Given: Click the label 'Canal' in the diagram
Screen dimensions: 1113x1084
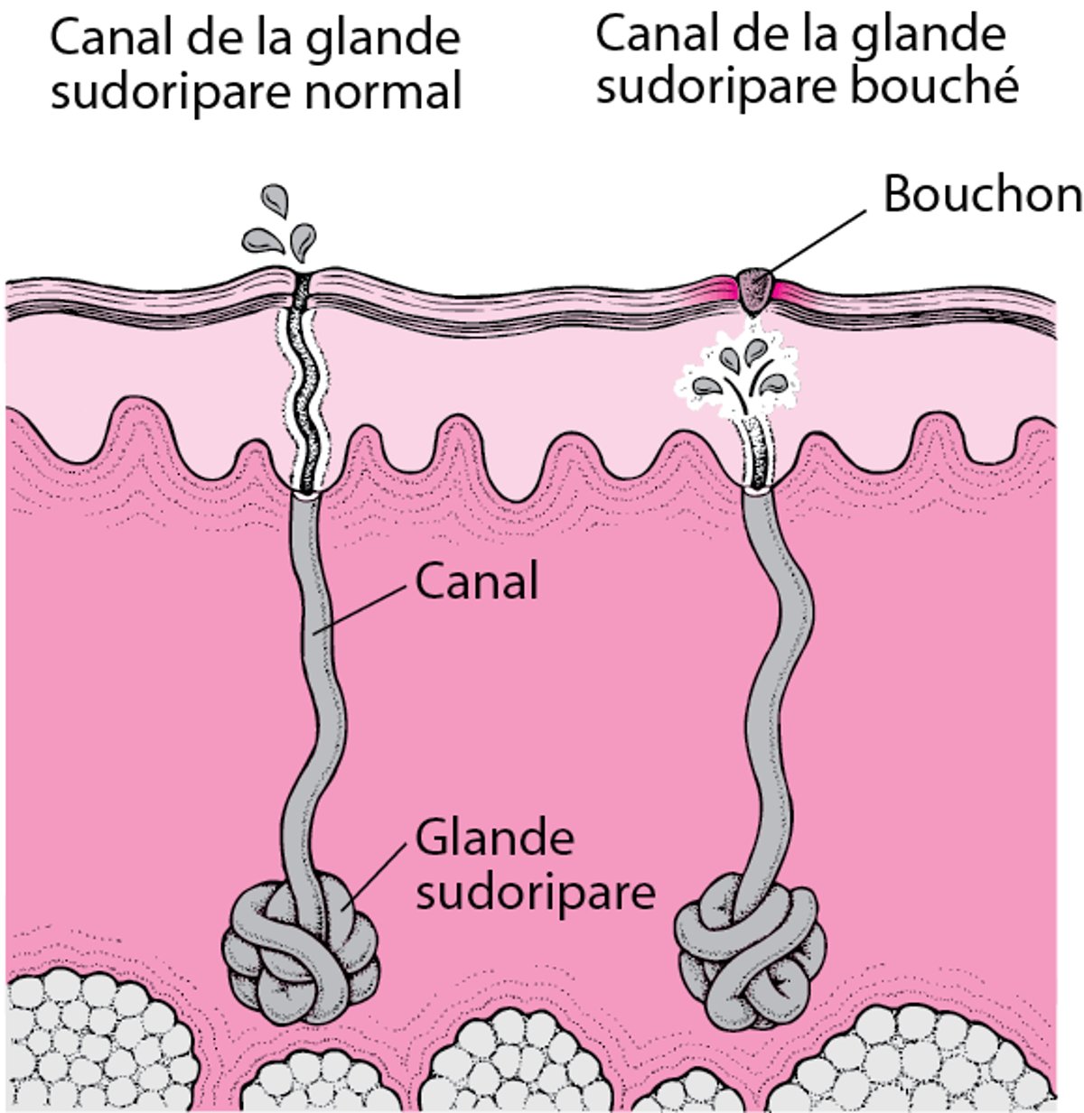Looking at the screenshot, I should [476, 581].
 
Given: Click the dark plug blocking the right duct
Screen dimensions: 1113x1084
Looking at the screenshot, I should [754, 286].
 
